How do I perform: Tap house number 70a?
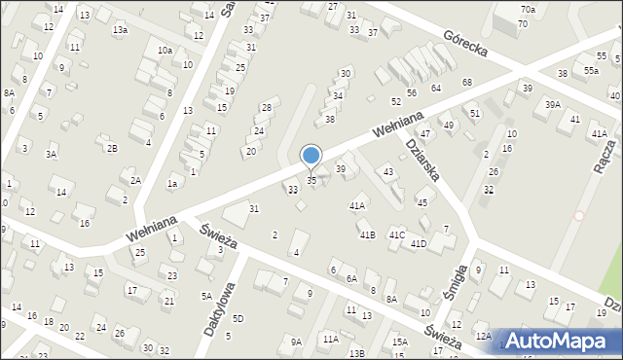[527, 10]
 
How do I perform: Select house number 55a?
[591, 71]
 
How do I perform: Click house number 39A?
[552, 105]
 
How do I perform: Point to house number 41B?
[366, 235]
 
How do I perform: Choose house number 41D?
[418, 243]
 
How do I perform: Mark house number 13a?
[120, 30]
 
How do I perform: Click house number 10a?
[165, 50]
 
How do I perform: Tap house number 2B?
[112, 148]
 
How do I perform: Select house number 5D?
[238, 319]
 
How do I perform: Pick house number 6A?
[350, 278]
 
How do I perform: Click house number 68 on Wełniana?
[467, 83]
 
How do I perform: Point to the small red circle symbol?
[579, 215]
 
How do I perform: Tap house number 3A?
[51, 154]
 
